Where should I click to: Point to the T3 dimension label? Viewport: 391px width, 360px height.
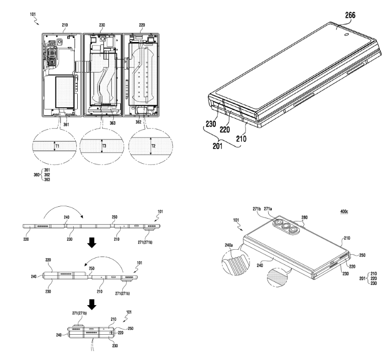tap(104, 146)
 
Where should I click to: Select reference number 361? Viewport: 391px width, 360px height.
tap(66, 125)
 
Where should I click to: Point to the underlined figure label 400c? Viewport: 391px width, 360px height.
tap(344, 211)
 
